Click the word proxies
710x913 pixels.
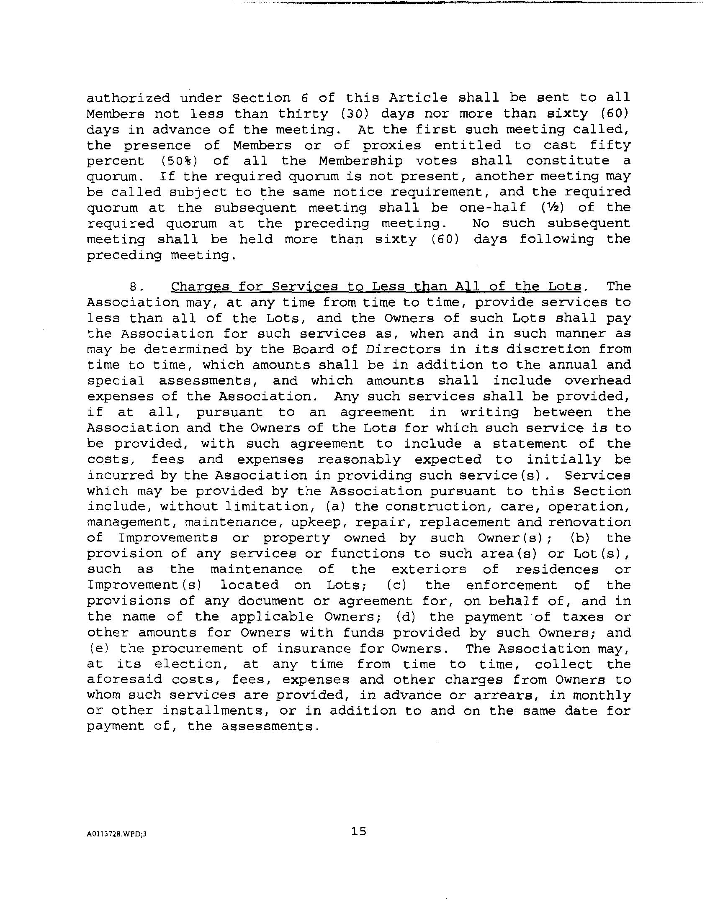point(391,146)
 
